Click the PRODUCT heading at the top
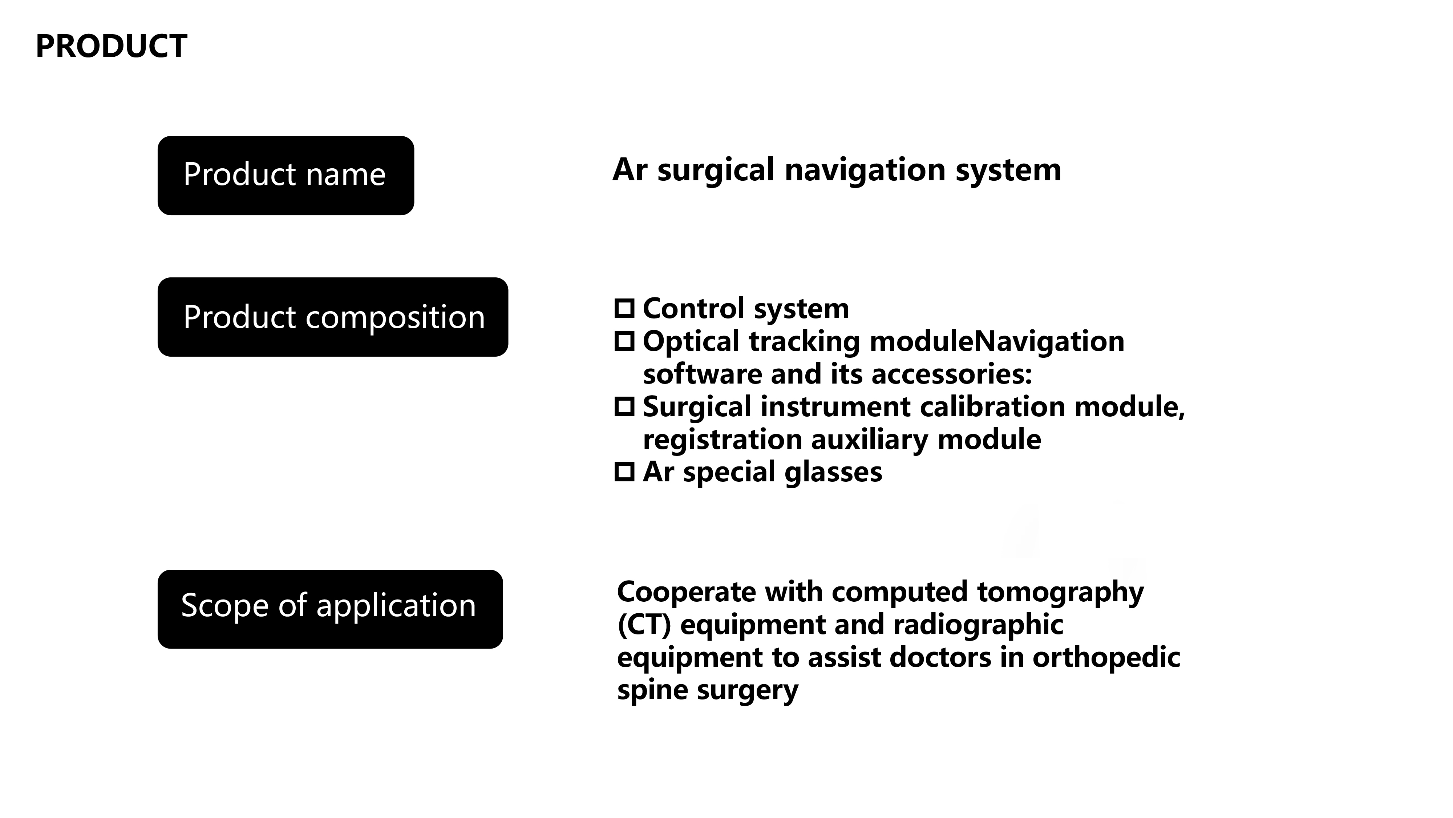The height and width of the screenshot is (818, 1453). (x=111, y=46)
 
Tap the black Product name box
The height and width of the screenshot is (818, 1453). (x=286, y=176)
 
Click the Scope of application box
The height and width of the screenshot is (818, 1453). (x=330, y=609)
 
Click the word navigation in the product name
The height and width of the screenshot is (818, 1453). (x=865, y=171)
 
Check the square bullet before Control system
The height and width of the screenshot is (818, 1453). (x=624, y=308)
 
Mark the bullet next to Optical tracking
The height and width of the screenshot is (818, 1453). (x=624, y=341)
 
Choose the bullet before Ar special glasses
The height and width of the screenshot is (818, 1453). (x=624, y=472)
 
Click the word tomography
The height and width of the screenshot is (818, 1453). (x=1060, y=592)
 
